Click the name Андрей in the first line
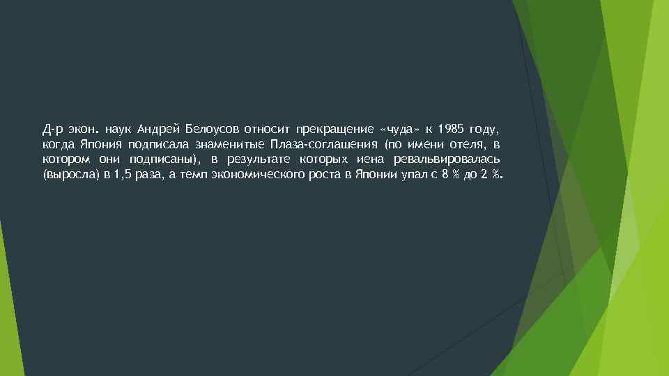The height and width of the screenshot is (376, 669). [159, 130]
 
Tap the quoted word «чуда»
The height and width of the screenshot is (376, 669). [400, 130]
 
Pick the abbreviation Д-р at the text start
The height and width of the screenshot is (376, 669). [52, 130]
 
